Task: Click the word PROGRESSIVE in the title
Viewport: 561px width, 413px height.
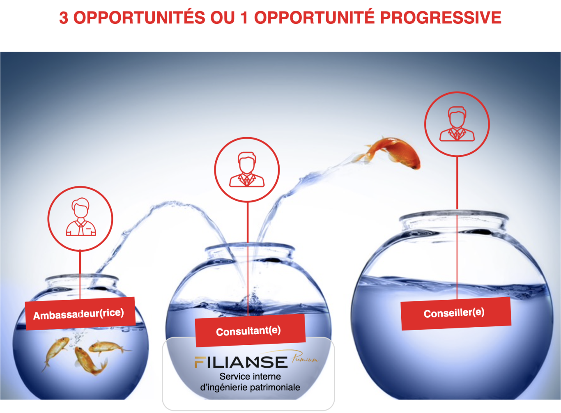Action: coord(441,18)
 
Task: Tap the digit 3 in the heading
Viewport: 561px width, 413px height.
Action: coord(64,18)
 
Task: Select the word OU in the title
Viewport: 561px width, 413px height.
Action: coord(223,18)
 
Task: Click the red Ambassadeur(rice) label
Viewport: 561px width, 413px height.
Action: coord(80,314)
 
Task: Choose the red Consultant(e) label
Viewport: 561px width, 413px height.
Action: coord(250,330)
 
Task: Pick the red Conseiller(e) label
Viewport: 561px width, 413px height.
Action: coord(456,314)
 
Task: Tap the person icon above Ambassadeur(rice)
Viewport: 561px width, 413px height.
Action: coord(80,217)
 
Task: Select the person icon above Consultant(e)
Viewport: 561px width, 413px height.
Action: coord(247,170)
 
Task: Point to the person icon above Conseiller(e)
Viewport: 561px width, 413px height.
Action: coord(457,124)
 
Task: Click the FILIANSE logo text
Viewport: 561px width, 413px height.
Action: coord(241,362)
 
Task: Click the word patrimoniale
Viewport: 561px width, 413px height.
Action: coord(275,387)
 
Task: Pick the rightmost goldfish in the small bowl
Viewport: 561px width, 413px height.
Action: coord(109,347)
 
